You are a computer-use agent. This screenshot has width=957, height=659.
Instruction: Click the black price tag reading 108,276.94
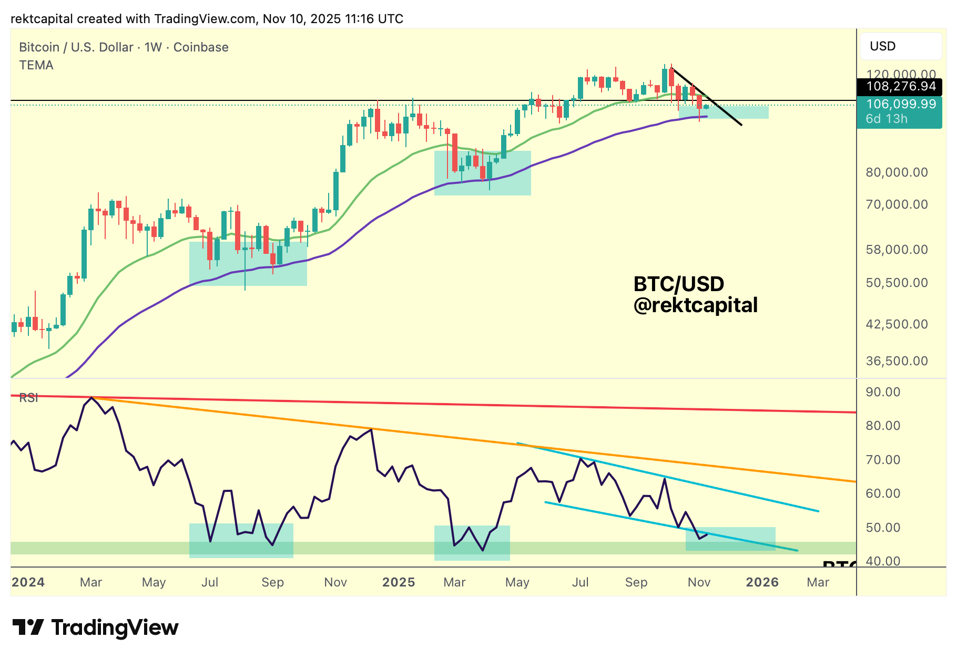[x=900, y=86]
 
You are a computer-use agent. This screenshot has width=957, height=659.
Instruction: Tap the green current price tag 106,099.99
[x=900, y=104]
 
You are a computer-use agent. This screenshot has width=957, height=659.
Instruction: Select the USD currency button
[x=900, y=46]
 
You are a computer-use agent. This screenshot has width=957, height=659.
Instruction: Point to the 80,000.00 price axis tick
[x=897, y=172]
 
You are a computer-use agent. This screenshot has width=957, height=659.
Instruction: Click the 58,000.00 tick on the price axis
[x=897, y=250]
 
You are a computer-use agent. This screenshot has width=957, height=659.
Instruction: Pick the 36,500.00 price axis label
[x=897, y=361]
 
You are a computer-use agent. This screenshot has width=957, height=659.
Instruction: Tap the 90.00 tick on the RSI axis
[x=883, y=392]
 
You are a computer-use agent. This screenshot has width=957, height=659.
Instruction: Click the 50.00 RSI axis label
[x=883, y=528]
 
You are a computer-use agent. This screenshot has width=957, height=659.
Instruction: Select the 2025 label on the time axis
[x=399, y=582]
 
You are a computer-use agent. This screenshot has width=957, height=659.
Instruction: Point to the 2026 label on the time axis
[x=762, y=582]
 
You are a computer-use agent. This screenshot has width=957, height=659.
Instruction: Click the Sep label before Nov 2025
[x=636, y=582]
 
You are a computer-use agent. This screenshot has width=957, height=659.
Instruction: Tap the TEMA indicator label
[x=36, y=65]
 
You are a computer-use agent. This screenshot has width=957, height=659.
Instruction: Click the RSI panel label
[x=28, y=398]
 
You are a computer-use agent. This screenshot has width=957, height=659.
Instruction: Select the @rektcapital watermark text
[x=695, y=305]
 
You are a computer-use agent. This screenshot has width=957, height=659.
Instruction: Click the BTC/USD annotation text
[x=678, y=284]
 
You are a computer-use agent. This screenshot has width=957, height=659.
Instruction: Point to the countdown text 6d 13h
[x=887, y=119]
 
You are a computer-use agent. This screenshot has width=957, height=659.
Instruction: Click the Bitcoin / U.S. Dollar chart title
[x=124, y=47]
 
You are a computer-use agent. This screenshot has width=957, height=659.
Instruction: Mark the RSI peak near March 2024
[x=92, y=398]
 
